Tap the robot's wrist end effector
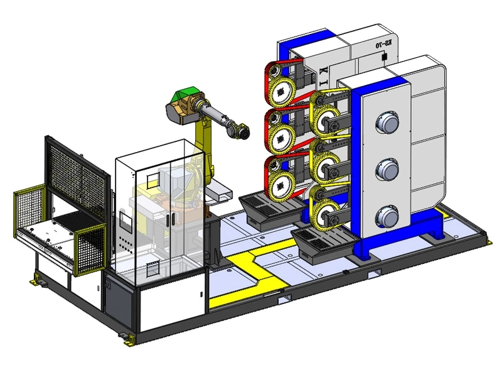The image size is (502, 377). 239,131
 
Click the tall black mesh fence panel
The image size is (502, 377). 75,170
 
